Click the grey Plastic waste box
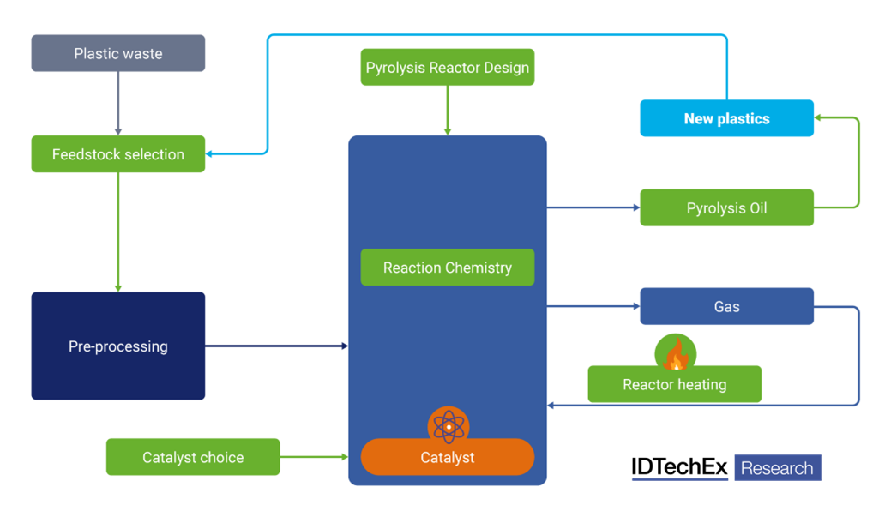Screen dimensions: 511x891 click(118, 53)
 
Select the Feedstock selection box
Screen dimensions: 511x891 click(118, 154)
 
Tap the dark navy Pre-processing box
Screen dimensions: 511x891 click(118, 346)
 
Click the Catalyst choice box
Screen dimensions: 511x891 click(193, 457)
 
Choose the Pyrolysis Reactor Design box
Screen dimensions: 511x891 click(447, 68)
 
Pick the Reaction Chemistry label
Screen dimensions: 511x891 click(447, 268)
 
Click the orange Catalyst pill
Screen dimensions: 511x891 click(447, 458)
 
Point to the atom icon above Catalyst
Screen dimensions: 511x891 click(448, 425)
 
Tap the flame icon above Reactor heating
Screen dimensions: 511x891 click(676, 353)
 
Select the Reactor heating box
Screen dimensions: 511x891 click(674, 385)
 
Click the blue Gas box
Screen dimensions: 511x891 click(726, 306)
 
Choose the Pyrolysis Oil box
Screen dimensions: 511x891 click(726, 207)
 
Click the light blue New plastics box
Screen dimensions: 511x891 click(726, 118)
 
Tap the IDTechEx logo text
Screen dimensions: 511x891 click(679, 467)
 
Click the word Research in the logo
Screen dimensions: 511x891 click(777, 468)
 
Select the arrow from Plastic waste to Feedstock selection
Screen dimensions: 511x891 click(118, 104)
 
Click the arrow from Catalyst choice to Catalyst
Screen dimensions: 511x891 click(314, 457)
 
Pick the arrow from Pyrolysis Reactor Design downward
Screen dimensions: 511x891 click(447, 110)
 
